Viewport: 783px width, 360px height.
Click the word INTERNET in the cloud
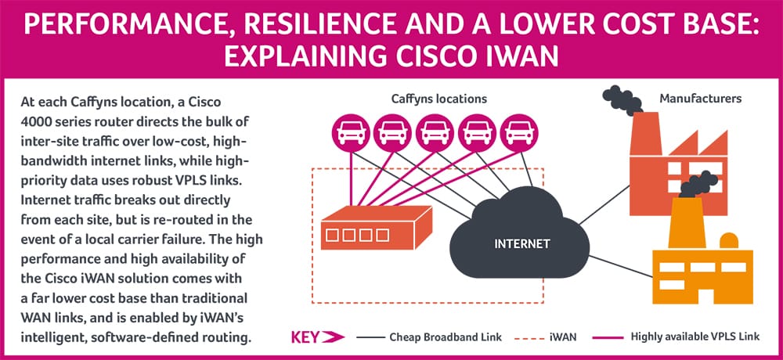tap(521, 243)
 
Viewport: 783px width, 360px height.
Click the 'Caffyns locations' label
tap(438, 99)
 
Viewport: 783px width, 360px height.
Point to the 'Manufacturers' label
tap(700, 99)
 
